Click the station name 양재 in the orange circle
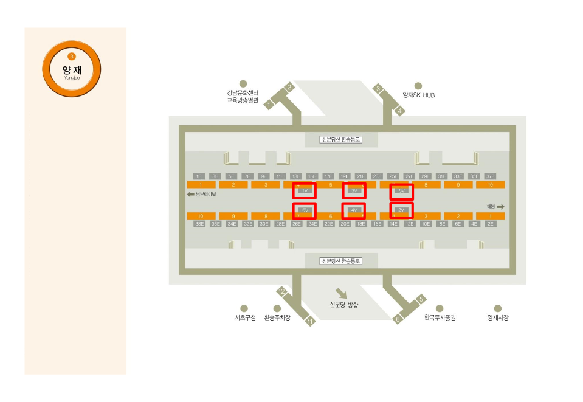72,70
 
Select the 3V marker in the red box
354,191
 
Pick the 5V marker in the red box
401,191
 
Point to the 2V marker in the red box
401,210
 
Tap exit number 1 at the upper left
268,105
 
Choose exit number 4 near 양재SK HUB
399,111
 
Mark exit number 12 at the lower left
281,291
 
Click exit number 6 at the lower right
398,319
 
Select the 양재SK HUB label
418,95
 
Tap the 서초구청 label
245,318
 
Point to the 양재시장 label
498,318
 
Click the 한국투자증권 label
440,318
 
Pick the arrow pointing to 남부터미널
190,195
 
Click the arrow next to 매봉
500,207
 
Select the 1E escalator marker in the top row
198,176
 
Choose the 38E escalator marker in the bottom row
199,224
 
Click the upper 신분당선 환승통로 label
341,140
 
